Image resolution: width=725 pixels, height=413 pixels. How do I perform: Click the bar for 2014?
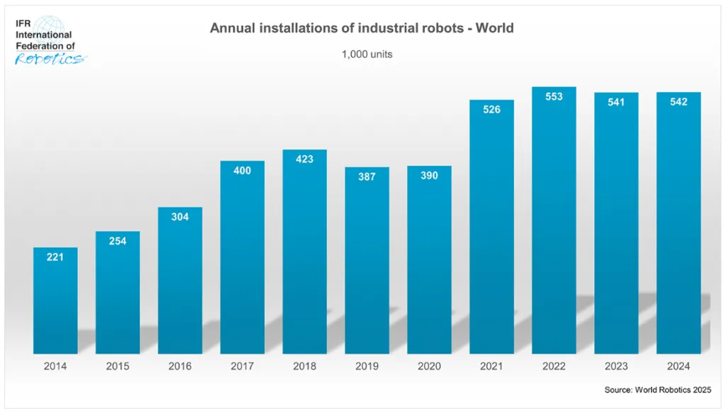[55, 300]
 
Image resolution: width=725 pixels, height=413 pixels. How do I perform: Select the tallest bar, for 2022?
[554, 220]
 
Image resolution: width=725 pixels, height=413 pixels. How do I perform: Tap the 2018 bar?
[304, 251]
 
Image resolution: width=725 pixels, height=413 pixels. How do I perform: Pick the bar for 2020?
[429, 260]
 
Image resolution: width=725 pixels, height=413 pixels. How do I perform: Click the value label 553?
[554, 96]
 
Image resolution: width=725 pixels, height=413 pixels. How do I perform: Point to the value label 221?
[55, 257]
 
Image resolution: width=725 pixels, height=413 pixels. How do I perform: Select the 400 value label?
[242, 171]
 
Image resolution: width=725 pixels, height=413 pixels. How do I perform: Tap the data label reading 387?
[367, 176]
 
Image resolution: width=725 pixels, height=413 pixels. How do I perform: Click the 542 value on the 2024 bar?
[679, 102]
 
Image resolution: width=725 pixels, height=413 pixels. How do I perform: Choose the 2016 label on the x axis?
[180, 366]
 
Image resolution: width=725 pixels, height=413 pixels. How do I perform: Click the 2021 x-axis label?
[491, 366]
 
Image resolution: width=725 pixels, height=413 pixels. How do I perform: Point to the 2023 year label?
[617, 366]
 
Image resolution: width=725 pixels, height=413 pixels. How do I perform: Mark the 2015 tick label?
[118, 366]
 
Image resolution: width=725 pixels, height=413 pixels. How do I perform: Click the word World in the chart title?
[495, 28]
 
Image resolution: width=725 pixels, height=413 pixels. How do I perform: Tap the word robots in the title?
[443, 28]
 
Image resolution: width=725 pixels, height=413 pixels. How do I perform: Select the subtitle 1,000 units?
[367, 54]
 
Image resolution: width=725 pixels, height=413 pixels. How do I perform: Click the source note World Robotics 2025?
[673, 390]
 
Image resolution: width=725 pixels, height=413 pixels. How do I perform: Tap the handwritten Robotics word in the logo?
[50, 59]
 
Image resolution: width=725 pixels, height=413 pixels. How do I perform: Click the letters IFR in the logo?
[23, 23]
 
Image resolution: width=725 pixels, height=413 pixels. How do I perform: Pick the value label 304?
[180, 217]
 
